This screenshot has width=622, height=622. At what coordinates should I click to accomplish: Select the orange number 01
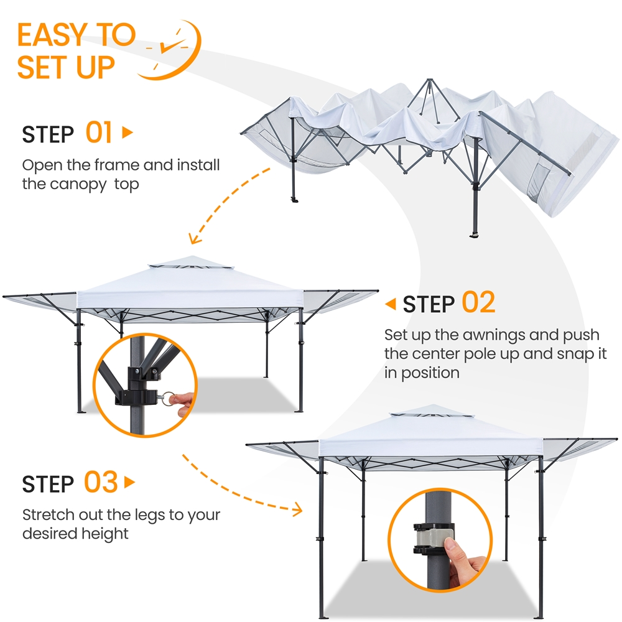pos(99,133)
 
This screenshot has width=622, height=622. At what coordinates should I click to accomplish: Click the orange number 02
pos(478,303)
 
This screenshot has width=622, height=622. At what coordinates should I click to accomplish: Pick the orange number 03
pos(101,483)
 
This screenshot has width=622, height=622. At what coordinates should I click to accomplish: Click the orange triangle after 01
pos(128,132)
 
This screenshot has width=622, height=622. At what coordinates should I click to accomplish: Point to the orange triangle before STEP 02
pos(391,304)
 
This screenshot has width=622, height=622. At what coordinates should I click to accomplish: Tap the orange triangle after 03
pos(129,482)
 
